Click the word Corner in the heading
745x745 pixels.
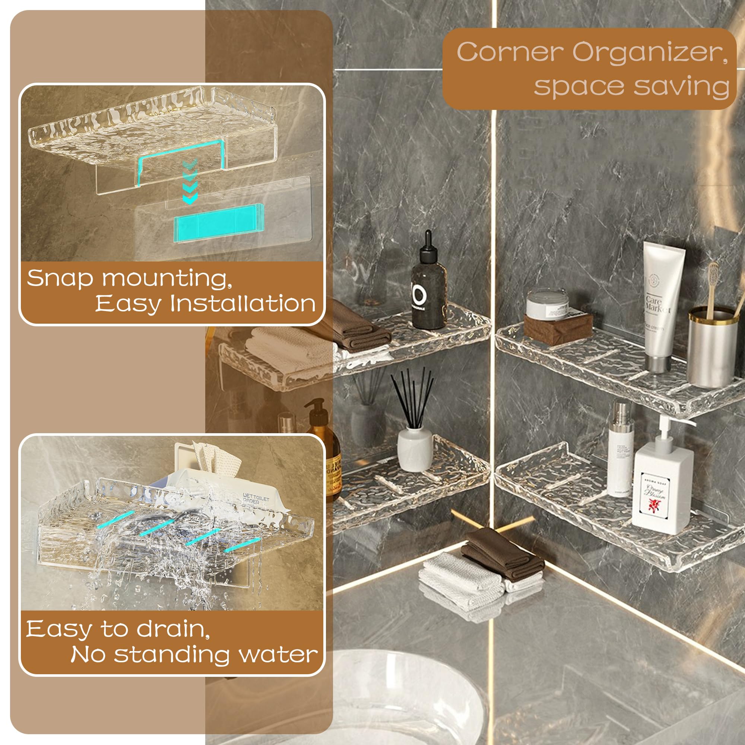[510, 52]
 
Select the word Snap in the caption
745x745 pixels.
[60, 278]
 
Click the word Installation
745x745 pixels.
[243, 304]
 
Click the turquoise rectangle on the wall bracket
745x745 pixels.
[218, 222]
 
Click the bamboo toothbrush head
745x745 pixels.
[713, 275]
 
